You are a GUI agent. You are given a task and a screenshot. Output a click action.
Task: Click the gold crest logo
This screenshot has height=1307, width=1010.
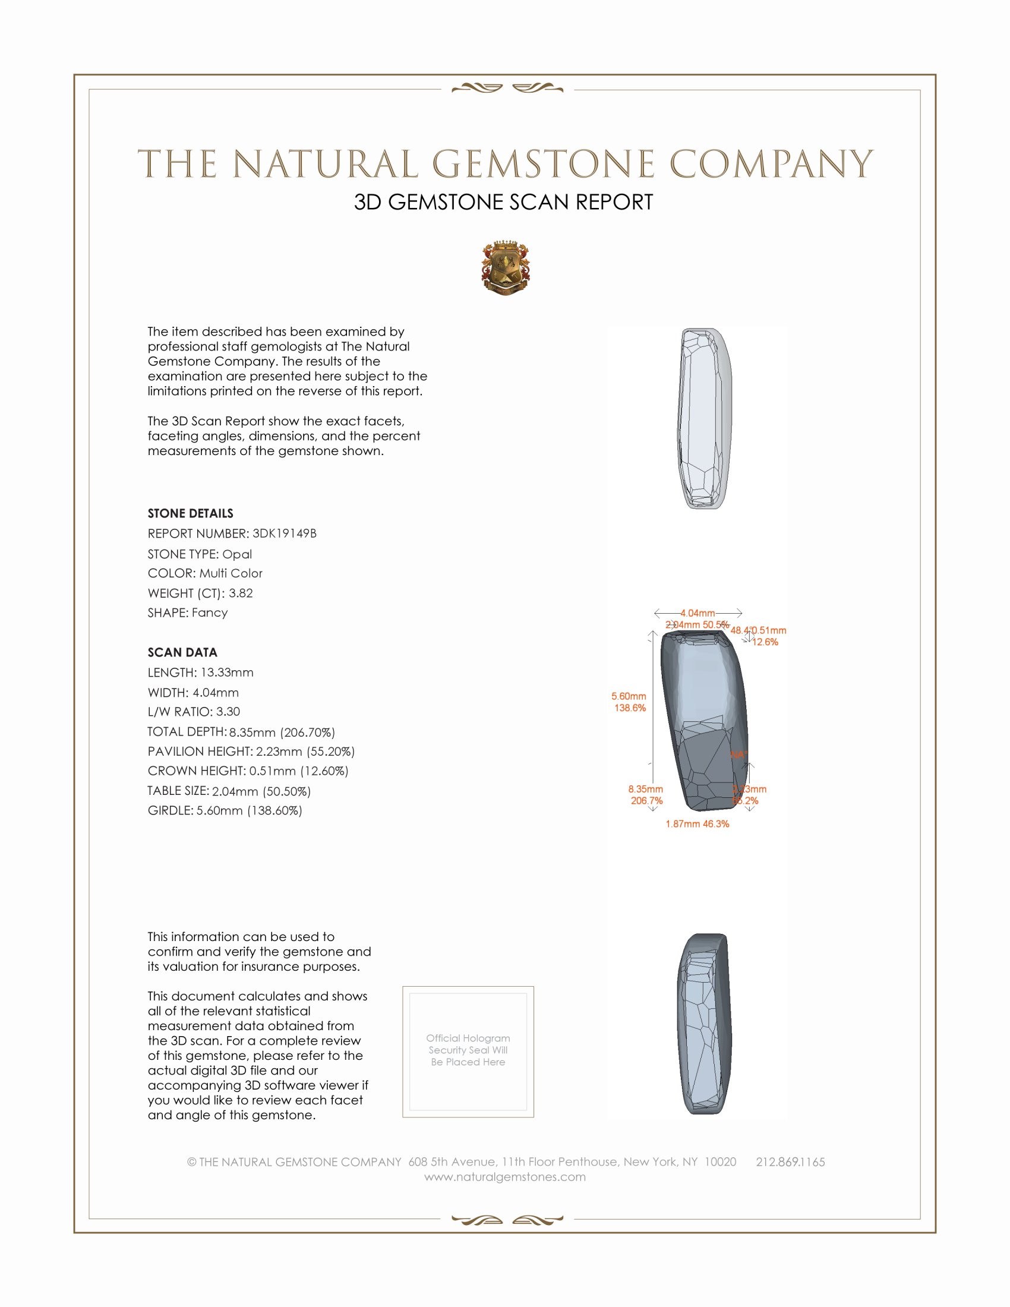505,267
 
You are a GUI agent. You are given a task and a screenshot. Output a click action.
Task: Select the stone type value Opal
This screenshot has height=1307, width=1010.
237,554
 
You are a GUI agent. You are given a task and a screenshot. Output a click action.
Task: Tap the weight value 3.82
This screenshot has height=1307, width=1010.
241,593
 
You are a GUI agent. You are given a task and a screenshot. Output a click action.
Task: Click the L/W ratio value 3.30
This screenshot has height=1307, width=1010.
228,712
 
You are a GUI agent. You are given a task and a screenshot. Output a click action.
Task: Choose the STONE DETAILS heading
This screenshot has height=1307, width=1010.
190,513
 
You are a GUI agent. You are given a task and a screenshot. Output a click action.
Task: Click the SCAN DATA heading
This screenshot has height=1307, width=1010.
182,652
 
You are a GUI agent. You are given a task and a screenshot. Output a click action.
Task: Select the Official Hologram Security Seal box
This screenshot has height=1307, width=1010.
468,1051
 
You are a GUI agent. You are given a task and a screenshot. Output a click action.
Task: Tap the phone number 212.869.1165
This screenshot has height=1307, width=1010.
790,1161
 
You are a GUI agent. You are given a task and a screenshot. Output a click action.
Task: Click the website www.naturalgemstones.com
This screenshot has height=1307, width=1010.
505,1176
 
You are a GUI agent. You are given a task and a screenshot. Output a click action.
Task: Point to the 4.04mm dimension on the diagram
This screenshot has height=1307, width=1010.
697,613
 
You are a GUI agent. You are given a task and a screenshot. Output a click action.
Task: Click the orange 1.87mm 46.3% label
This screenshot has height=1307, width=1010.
697,824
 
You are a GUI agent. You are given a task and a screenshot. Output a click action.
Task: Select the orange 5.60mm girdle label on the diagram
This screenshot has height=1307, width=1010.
629,696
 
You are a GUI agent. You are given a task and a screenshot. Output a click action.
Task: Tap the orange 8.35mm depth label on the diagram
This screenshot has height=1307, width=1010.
646,790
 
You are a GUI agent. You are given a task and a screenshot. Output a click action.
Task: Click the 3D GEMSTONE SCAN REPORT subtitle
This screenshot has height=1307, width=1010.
503,202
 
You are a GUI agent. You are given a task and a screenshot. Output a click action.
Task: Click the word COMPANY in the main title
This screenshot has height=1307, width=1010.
771,164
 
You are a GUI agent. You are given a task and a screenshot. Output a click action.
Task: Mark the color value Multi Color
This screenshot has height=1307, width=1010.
231,573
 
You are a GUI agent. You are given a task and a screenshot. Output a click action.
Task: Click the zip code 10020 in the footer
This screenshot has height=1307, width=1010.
720,1161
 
